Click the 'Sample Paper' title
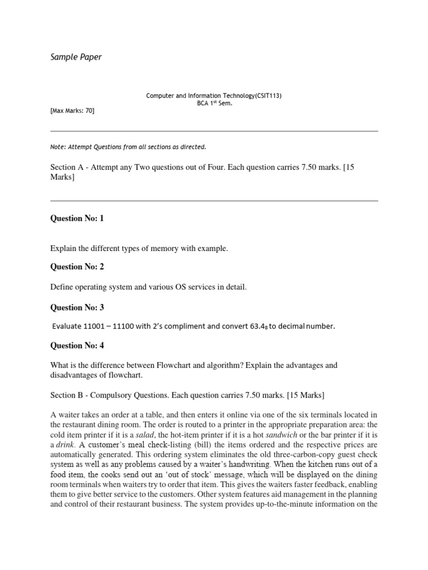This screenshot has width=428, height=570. click(x=76, y=57)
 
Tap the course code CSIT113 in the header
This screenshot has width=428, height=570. click(x=265, y=96)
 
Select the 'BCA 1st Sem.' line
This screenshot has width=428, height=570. click(x=213, y=104)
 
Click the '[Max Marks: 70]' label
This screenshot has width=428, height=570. click(x=72, y=111)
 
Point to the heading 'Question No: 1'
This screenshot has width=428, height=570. click(x=77, y=218)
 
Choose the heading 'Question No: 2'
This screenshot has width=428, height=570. click(x=77, y=267)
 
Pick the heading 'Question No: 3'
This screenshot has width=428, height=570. click(x=77, y=307)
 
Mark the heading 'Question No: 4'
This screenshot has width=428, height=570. click(x=77, y=346)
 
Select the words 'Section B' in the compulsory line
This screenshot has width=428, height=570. click(x=67, y=395)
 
